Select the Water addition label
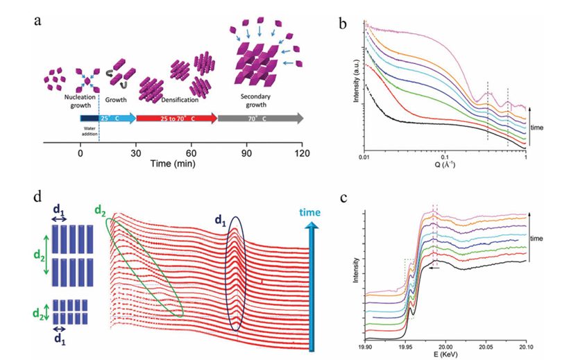(89, 130)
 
